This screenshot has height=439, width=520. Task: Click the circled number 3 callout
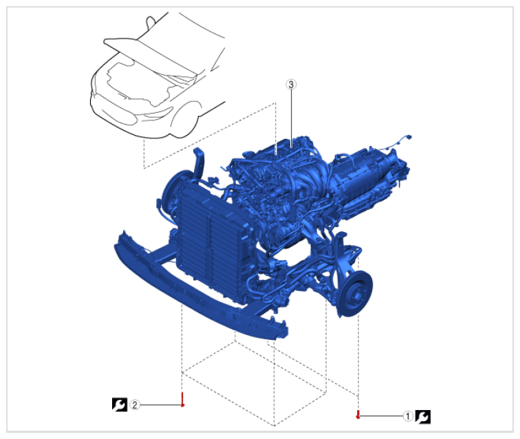pos(291,85)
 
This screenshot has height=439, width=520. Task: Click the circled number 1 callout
pos(408,416)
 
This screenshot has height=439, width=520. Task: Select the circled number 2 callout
pos(135,405)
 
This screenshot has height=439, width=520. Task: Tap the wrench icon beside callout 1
pos(423,417)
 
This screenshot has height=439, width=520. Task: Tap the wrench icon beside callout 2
pos(120,405)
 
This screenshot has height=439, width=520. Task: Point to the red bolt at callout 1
pos(358,414)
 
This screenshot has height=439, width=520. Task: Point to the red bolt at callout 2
pos(182,400)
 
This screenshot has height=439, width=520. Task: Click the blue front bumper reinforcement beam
pos(199,289)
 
